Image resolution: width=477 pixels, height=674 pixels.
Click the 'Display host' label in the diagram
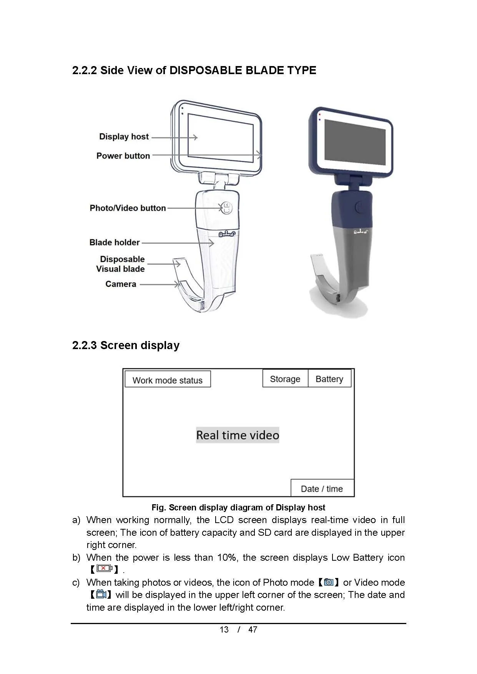tap(124, 137)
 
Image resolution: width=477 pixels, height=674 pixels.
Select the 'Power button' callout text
tap(123, 156)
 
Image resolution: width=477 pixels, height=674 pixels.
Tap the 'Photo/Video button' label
tap(128, 208)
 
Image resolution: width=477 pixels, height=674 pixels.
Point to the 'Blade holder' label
tap(115, 243)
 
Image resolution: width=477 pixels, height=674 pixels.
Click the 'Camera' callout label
tap(121, 284)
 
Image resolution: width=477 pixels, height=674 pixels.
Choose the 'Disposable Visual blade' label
tap(121, 264)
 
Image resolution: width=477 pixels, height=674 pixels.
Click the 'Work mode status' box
tap(168, 380)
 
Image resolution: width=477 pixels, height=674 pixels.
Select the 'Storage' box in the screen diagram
tap(285, 379)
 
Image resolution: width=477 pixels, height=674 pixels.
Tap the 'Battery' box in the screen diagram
tap(329, 379)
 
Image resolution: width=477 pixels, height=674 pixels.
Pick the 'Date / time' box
tap(322, 489)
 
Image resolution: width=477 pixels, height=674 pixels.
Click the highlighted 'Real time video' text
tap(238, 435)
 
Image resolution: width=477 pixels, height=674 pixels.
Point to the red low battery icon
tap(104, 568)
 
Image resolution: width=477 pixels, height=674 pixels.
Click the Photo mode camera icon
tap(329, 582)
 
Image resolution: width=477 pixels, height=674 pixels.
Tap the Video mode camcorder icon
tap(101, 595)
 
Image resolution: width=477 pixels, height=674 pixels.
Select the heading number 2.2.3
tap(85, 345)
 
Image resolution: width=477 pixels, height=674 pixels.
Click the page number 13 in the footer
tap(224, 629)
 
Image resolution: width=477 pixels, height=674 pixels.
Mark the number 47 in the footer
tap(253, 629)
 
